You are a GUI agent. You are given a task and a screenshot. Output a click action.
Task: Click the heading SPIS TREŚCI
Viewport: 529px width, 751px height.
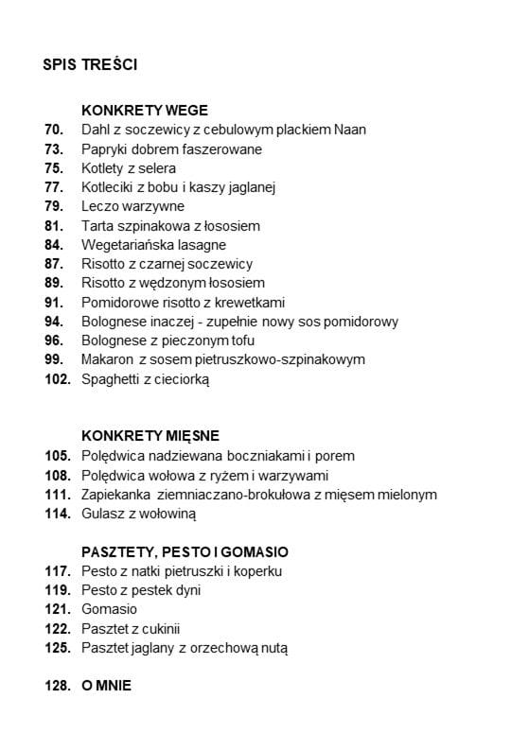click(91, 65)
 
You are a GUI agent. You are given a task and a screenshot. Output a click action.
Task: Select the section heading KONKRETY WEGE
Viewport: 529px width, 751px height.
click(145, 111)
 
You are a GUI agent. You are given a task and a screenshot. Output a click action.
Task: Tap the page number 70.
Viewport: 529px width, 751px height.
click(54, 130)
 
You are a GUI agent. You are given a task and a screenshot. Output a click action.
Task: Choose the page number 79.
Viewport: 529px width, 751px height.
click(54, 206)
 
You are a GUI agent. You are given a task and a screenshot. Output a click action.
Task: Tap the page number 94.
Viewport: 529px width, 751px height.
click(54, 322)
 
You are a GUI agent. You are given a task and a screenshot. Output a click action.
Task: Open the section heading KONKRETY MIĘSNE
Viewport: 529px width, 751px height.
click(150, 436)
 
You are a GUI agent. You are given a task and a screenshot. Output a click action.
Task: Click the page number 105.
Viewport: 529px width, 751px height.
click(57, 456)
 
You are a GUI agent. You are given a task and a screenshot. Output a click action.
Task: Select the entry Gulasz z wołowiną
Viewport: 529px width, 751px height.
click(138, 514)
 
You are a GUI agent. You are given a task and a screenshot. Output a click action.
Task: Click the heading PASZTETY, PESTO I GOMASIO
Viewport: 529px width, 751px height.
click(185, 551)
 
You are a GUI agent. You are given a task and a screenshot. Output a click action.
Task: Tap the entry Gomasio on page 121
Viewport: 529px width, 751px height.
click(110, 609)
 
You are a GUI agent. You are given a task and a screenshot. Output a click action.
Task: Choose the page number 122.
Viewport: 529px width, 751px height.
click(57, 628)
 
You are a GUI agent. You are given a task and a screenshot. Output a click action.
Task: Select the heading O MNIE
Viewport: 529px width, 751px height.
click(106, 686)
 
